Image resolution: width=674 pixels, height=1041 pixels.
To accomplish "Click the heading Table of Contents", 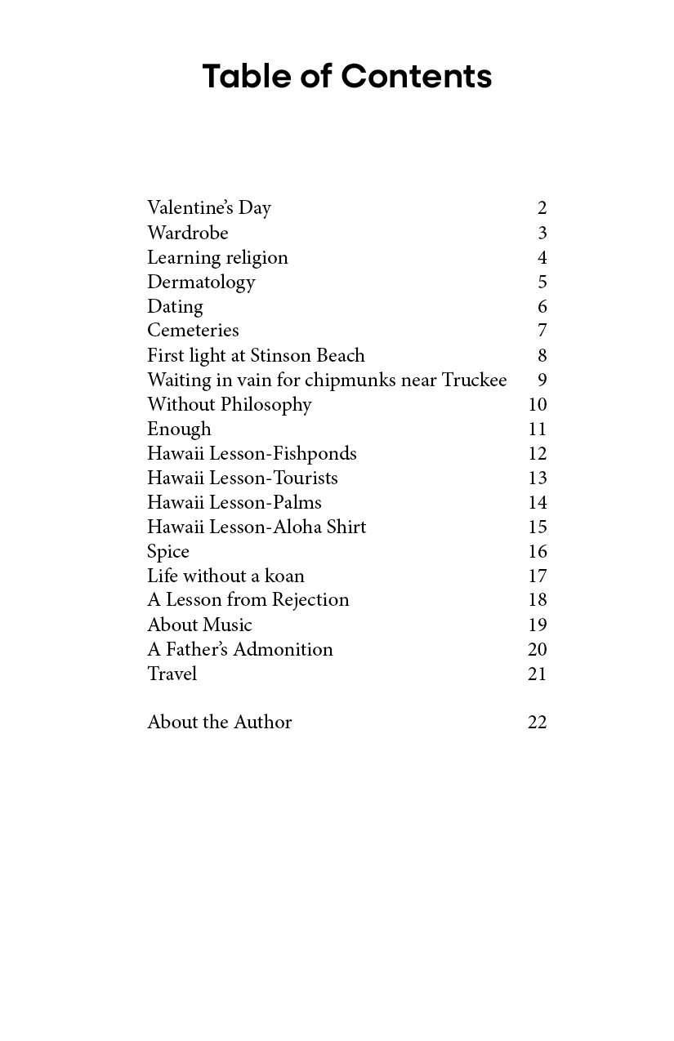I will [x=346, y=76].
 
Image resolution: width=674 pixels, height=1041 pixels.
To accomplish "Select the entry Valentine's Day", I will [x=209, y=208].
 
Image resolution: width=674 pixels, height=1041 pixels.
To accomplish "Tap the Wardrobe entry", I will [x=188, y=233].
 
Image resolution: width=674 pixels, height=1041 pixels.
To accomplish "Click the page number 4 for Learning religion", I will [x=542, y=258].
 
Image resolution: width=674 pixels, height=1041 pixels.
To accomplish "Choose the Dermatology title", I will [x=201, y=282].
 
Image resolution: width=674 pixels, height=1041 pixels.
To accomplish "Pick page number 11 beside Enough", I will [x=537, y=429].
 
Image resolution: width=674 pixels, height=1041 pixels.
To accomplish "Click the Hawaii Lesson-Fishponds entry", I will [x=252, y=453].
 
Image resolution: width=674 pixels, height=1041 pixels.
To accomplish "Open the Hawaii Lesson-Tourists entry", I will [x=243, y=478].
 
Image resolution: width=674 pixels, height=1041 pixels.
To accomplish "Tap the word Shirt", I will [x=346, y=527].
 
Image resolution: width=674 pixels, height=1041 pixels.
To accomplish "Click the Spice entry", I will [x=168, y=552].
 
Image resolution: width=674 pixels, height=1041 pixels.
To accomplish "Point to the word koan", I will [x=284, y=576].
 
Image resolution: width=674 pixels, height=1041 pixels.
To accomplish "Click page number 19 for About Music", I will [x=537, y=625].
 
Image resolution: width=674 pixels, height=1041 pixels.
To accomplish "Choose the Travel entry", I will [x=172, y=674].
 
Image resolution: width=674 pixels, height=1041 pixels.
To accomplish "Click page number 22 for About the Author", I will [x=537, y=723].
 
